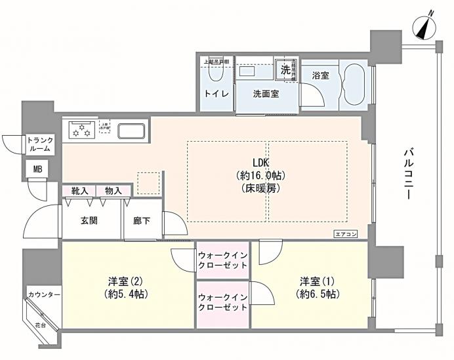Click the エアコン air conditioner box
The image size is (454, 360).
tap(346, 233)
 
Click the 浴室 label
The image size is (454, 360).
tap(321, 75)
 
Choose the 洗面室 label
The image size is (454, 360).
tap(266, 94)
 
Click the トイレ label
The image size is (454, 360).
tap(217, 94)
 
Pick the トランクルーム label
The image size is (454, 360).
tap(41, 144)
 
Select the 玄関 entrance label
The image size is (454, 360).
tap(89, 220)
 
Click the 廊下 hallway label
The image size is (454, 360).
tap(142, 221)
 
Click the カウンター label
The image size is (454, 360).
tap(44, 294)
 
